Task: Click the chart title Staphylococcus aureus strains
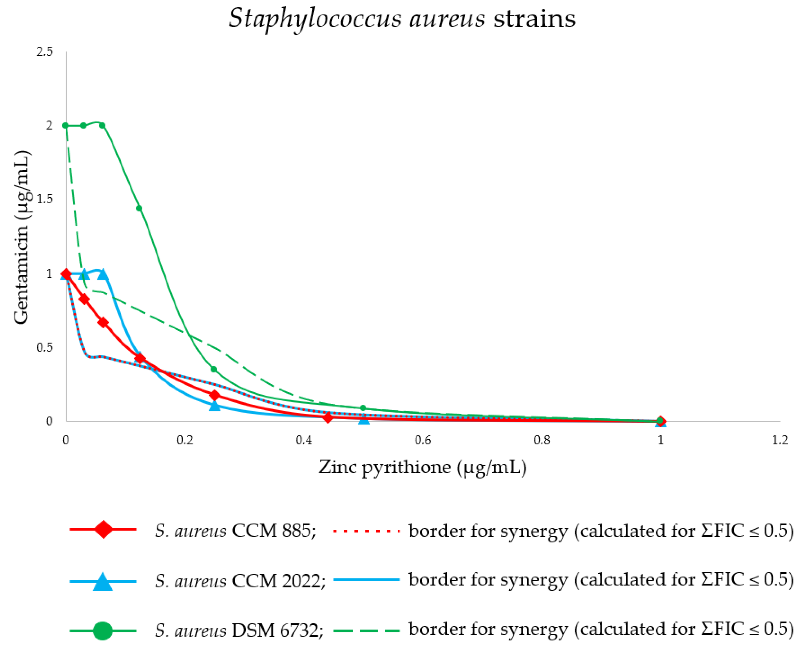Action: click(402, 19)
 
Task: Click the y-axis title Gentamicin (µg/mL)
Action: click(21, 237)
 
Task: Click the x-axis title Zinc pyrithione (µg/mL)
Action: click(423, 467)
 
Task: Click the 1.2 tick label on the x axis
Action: click(780, 440)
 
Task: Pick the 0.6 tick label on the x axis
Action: click(423, 440)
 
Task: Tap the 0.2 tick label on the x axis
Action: click(185, 440)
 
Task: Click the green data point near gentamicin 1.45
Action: click(139, 208)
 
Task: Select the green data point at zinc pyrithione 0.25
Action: click(214, 369)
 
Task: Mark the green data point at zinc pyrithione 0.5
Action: click(363, 408)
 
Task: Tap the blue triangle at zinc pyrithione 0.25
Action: click(215, 406)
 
